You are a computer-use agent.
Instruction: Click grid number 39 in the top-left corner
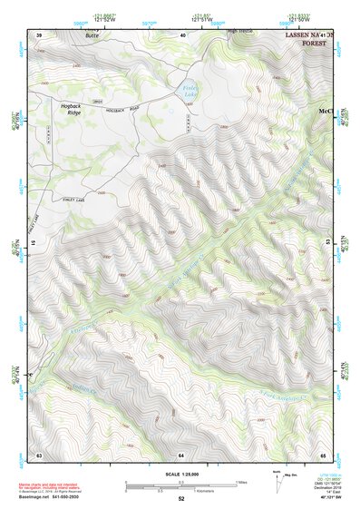[39, 34]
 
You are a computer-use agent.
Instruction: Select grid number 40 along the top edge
[183, 34]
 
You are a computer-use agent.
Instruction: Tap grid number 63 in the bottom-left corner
[39, 454]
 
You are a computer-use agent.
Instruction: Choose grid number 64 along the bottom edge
[181, 454]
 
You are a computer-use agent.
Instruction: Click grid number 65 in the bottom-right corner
[324, 454]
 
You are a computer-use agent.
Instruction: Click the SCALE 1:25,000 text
[181, 475]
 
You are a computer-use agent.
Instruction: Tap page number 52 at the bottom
[181, 500]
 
